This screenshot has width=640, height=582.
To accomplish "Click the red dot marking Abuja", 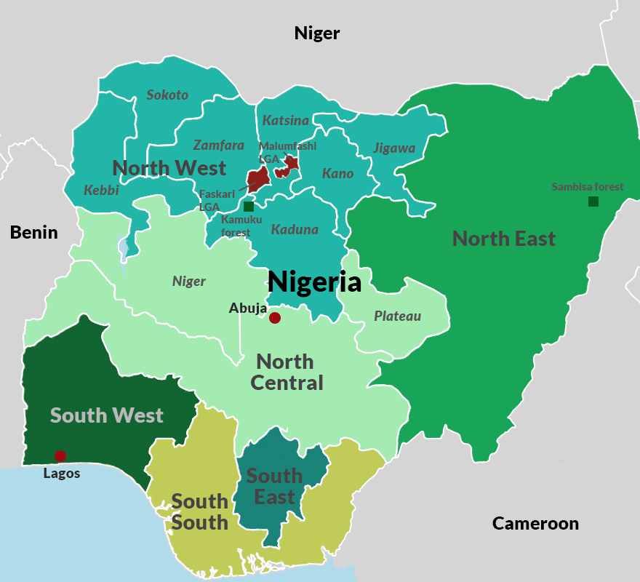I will pos(275,318).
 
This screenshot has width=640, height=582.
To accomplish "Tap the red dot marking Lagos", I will pos(60,456).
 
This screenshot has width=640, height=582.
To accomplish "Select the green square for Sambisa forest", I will pos(593,202).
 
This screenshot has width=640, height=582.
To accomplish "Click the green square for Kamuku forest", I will pos(249,207).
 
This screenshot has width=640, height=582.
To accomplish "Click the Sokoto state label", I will pos(167,95).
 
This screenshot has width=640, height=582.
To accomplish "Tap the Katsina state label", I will pos(285,120).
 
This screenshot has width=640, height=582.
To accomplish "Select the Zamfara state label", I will pos(218,145).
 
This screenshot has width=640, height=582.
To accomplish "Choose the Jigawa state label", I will pos(394,148).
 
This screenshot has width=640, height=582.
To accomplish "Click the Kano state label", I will pos(337,173).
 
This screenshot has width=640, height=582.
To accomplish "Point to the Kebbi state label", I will pos(101,190).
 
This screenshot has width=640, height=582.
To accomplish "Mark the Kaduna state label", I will pos(295,230).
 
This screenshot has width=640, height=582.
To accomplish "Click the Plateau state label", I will pos(397,316).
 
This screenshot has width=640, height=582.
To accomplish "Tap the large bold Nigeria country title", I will pos(314,282).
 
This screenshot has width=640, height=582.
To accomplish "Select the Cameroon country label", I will pos(535,523).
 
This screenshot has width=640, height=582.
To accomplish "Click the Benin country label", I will pos(33,232).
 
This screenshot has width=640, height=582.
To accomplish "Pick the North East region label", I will pos(503,239).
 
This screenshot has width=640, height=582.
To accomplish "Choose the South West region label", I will pos(106,415).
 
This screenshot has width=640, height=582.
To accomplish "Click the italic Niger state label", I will pos(189,282).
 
